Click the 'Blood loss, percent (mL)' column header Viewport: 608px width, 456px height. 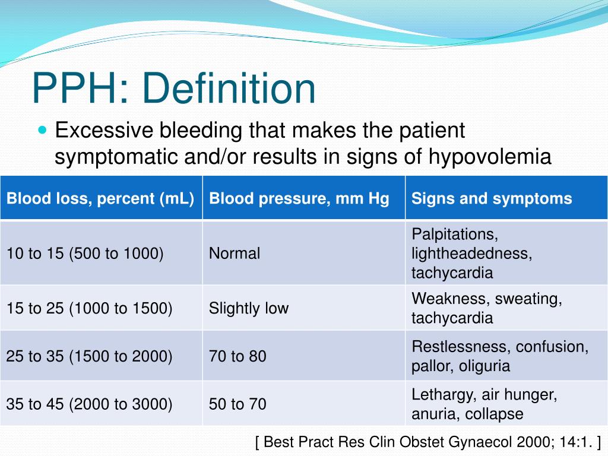(101, 198)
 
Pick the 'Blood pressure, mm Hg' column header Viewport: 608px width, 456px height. (299, 198)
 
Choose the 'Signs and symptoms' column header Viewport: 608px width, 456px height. (492, 198)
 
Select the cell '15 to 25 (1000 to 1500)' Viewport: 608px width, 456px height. (90, 308)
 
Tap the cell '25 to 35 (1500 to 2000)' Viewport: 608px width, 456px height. (90, 356)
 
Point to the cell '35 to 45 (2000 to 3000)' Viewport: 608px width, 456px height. (90, 404)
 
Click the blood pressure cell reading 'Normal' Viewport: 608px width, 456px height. (235, 254)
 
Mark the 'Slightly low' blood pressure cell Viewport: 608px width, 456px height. (248, 308)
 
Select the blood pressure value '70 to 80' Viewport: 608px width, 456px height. (237, 356)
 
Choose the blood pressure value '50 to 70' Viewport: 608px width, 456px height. (237, 404)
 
